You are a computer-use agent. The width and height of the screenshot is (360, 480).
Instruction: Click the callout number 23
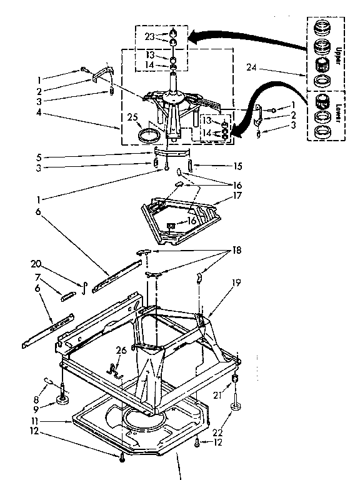149,36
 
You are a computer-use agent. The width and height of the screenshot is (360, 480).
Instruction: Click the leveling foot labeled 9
63,399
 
